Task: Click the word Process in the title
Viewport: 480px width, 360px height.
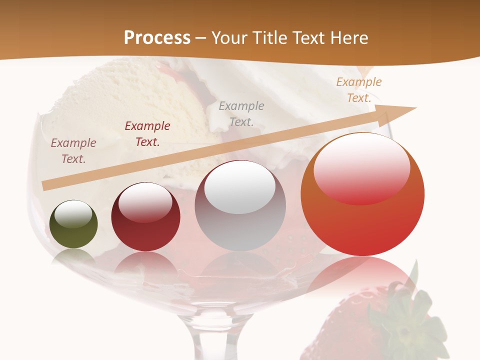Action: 157,37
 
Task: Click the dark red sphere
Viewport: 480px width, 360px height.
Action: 145,230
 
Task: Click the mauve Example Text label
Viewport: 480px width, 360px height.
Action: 73,150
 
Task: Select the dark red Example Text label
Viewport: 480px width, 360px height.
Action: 147,133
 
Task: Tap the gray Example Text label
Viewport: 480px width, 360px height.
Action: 241,113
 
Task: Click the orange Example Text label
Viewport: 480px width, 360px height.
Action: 359,89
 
